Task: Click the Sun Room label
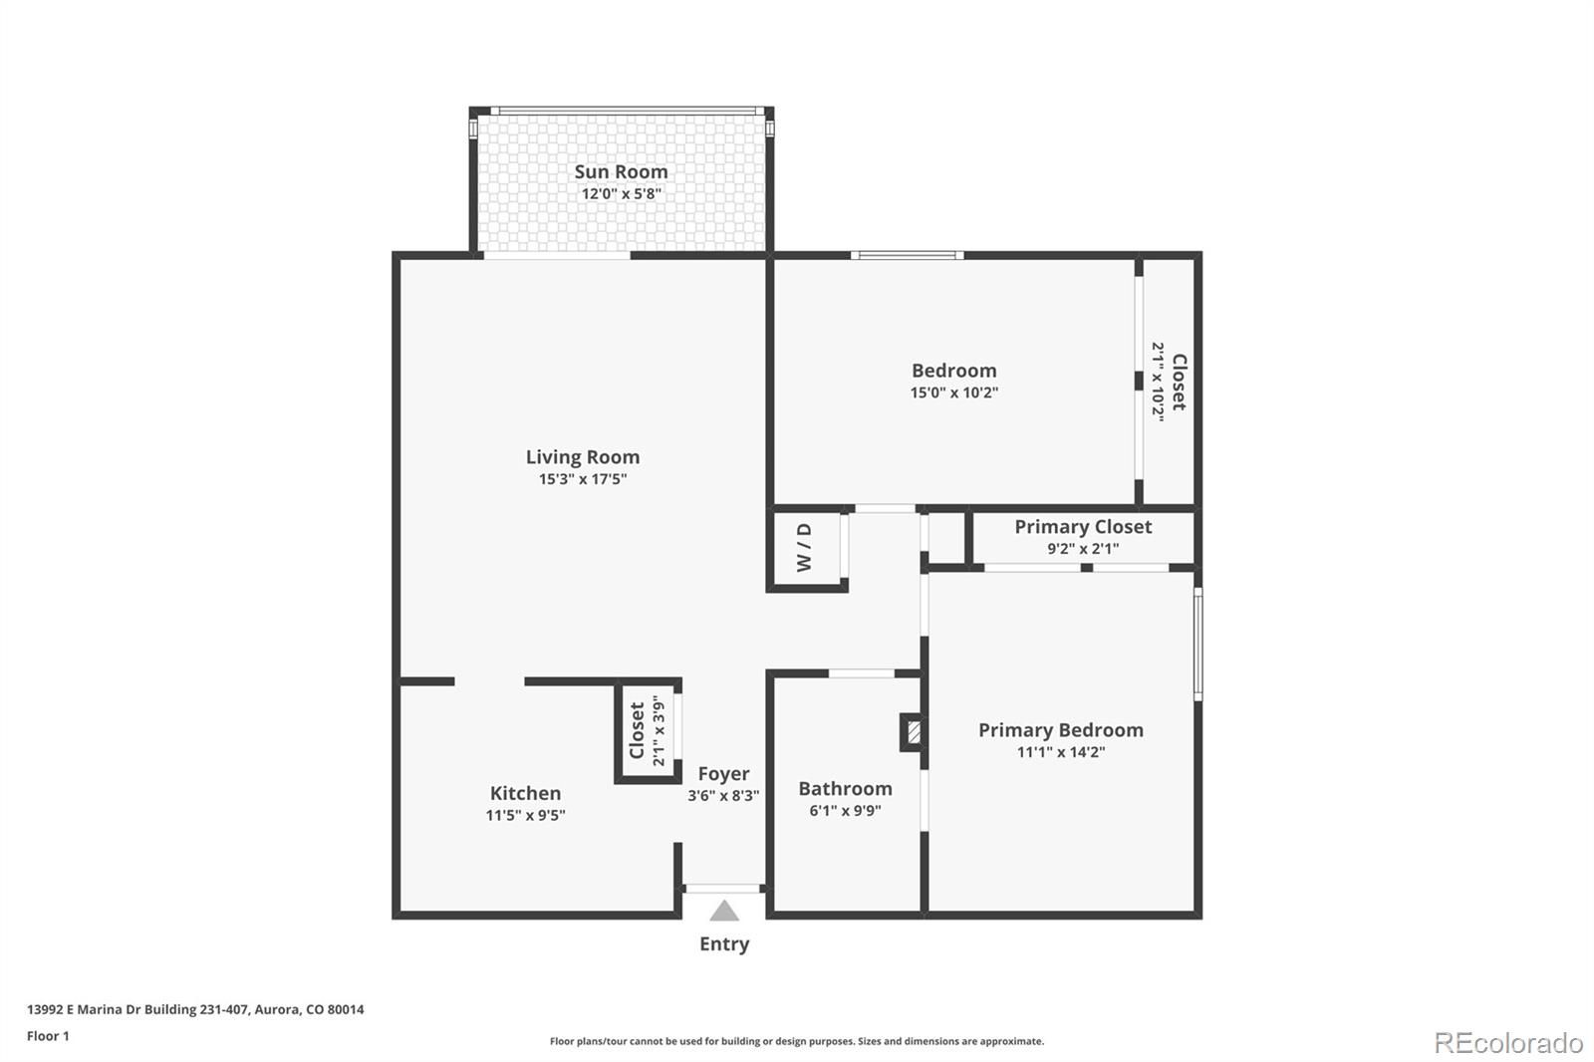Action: [x=621, y=171]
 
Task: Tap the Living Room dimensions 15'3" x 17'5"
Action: [x=583, y=479]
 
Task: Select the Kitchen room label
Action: [x=525, y=793]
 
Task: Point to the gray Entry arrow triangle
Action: [x=723, y=912]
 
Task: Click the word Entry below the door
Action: [x=723, y=944]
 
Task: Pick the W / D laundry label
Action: [x=803, y=547]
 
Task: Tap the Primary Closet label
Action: [x=1082, y=527]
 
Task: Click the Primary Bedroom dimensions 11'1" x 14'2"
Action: [x=1060, y=752]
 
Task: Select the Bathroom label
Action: [x=845, y=789]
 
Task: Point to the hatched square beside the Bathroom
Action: [x=914, y=732]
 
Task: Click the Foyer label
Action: [x=723, y=774]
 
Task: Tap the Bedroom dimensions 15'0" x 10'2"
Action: [x=953, y=393]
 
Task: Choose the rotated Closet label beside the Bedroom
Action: [x=1179, y=382]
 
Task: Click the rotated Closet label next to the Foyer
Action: [x=637, y=731]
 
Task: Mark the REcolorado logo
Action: [x=1508, y=1043]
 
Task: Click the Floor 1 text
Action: [x=49, y=1036]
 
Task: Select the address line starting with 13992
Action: [x=195, y=1009]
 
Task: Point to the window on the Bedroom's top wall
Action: [x=908, y=255]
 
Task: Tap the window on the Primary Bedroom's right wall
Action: [x=1198, y=645]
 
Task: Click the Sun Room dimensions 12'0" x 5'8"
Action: [x=622, y=193]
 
